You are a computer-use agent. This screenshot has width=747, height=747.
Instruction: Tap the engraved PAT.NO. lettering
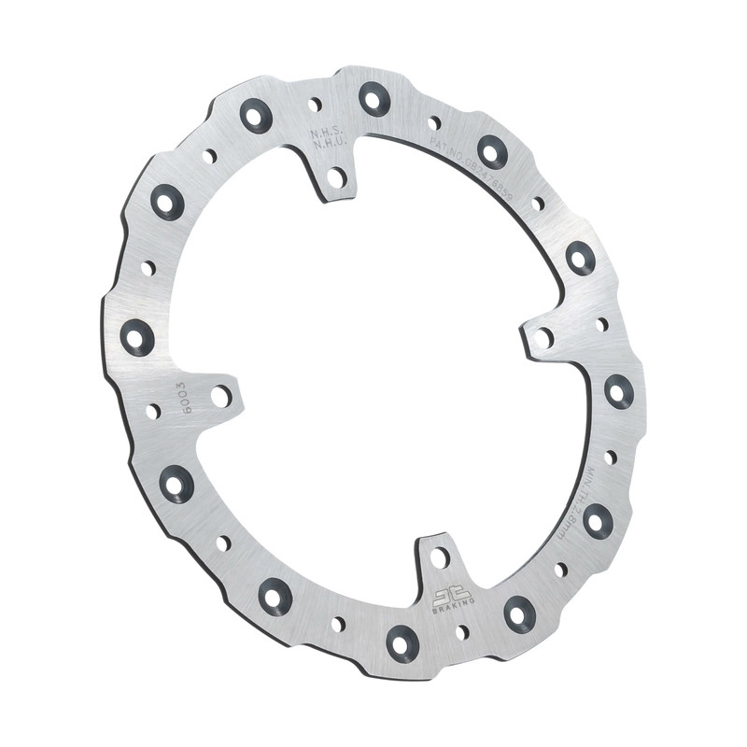(x=446, y=146)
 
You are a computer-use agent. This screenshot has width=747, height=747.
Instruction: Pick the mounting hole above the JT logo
(x=439, y=558)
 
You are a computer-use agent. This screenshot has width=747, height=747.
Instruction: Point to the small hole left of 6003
(x=152, y=411)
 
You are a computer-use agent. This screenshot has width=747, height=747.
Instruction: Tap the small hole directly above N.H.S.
(x=315, y=104)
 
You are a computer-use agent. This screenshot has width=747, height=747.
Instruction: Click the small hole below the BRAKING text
(x=461, y=632)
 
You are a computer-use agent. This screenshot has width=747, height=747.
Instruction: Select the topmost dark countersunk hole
(x=374, y=97)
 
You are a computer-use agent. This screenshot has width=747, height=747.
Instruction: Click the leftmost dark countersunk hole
(x=137, y=336)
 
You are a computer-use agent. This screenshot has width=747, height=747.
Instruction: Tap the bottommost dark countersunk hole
(x=402, y=641)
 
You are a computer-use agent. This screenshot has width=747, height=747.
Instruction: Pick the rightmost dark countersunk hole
(x=618, y=390)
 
